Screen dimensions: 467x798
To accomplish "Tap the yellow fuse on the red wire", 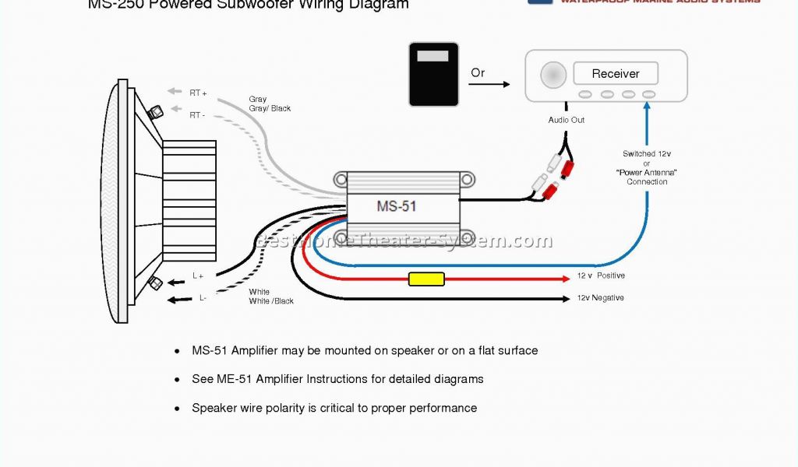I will click(426, 279).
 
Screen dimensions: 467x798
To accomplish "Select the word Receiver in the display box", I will click(616, 74).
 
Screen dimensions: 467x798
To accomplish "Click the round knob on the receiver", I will click(554, 75).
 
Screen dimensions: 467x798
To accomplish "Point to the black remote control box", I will click(434, 75).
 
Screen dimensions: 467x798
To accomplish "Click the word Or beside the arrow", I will click(478, 73).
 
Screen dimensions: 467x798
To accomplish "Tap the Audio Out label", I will click(567, 120).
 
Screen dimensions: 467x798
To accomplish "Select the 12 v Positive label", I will click(601, 276).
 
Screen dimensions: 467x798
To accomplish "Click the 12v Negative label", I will click(600, 298).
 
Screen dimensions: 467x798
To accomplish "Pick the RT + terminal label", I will click(198, 93).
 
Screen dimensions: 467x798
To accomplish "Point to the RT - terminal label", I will click(197, 115).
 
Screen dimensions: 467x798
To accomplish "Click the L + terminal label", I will click(198, 276).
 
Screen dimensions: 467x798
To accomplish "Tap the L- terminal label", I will click(203, 297).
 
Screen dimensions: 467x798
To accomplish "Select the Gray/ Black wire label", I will click(270, 109).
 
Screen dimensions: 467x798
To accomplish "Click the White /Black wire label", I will click(271, 301).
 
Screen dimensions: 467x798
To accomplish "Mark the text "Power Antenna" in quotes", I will click(647, 173).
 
